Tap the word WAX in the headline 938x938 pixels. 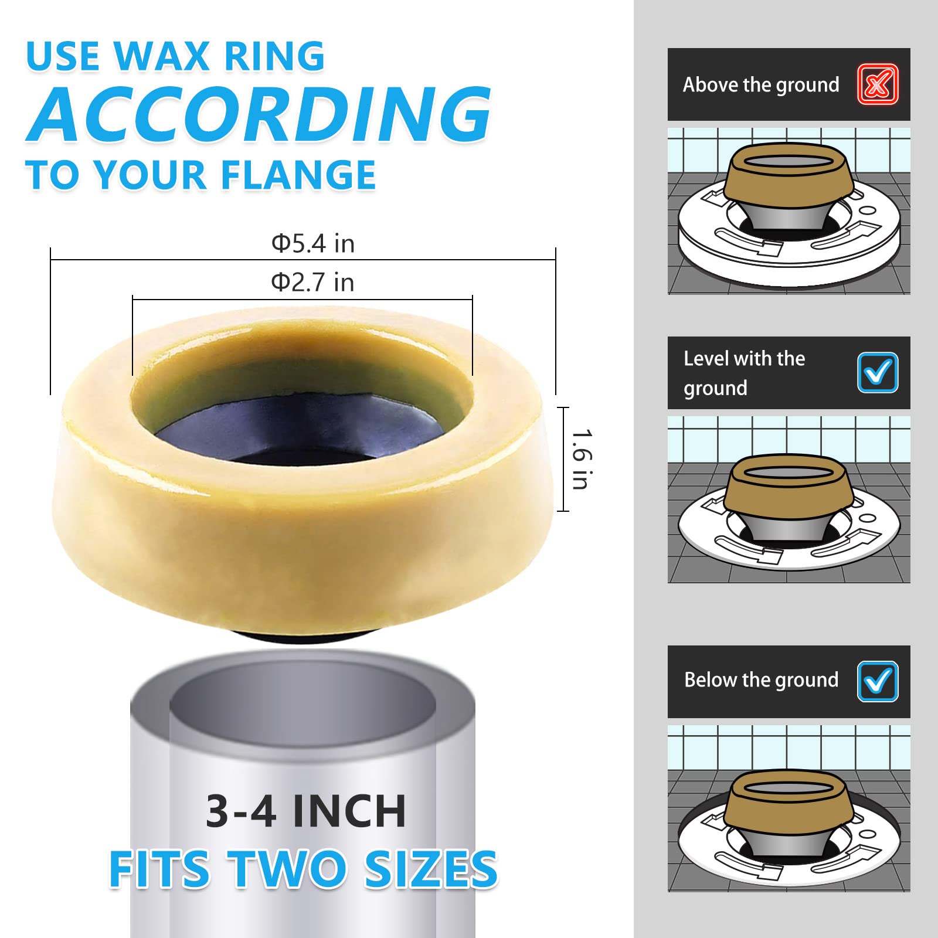161,57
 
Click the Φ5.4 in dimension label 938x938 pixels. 312,244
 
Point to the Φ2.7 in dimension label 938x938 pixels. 312,283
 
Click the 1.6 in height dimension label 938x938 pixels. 581,459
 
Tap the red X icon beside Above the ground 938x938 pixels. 877,84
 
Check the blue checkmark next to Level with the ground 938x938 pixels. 877,372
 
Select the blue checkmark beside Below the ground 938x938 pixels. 877,681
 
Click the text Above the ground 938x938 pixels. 760,85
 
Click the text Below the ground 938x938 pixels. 761,680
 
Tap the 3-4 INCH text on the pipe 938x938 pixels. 305,811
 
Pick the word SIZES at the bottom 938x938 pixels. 431,869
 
